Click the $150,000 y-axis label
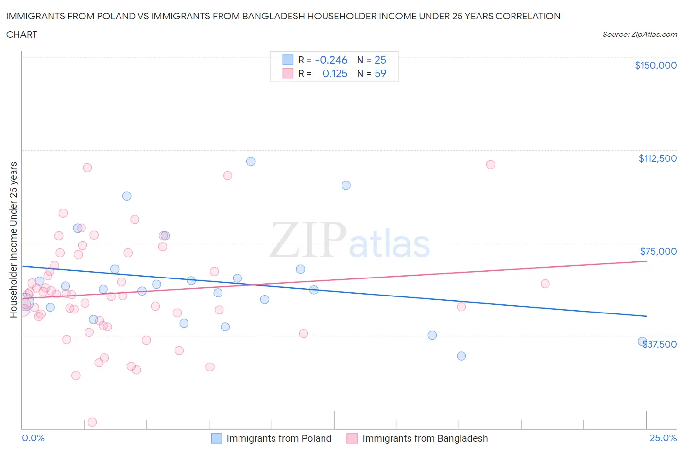click(x=655, y=65)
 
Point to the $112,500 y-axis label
click(x=657, y=158)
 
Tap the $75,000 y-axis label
click(x=658, y=251)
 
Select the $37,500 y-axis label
click(x=659, y=344)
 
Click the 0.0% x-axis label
click(x=33, y=438)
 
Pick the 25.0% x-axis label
click(x=663, y=438)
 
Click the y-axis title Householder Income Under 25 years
click(x=13, y=239)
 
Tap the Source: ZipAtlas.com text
click(x=639, y=35)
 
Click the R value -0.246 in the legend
click(x=331, y=60)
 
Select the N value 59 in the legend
click(x=380, y=73)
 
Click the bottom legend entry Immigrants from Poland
click(x=278, y=438)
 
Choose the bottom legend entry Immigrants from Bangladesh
click(x=425, y=438)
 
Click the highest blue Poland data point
click(x=251, y=161)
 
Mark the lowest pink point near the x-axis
click(x=92, y=422)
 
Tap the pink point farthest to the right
click(x=545, y=284)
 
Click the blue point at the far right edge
click(x=642, y=342)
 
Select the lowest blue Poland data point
click(x=461, y=356)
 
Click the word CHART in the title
click(x=22, y=35)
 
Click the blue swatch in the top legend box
click(x=288, y=60)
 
